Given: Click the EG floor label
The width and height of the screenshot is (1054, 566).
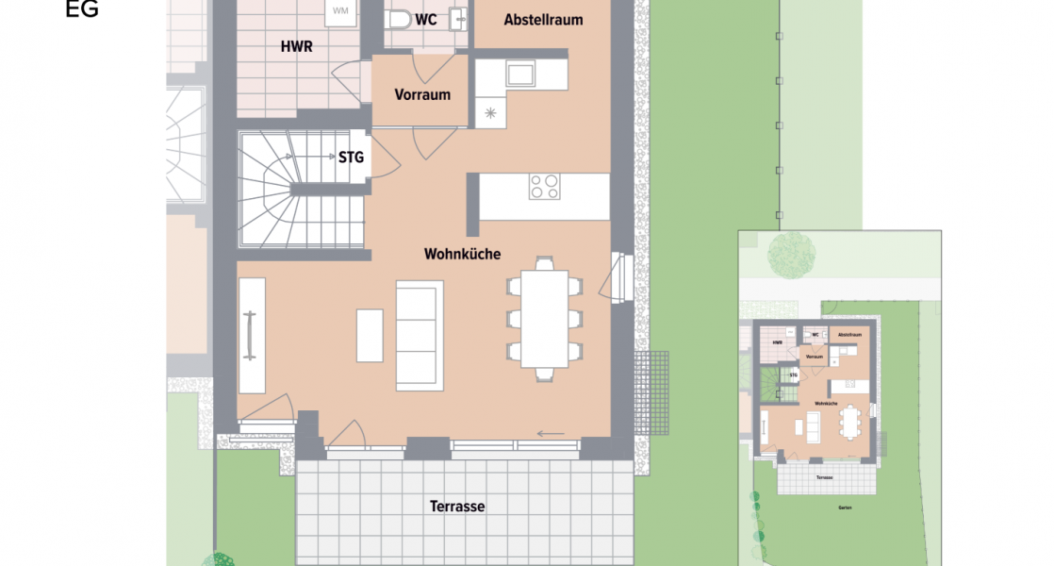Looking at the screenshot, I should coord(83,10).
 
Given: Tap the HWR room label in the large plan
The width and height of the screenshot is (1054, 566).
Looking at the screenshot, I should coord(296,46).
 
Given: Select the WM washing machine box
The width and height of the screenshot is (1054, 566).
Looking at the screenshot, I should coord(339,12).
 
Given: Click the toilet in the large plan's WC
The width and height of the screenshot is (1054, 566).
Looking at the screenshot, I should coord(400,18).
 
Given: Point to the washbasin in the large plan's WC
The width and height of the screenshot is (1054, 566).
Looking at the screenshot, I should coord(458,18).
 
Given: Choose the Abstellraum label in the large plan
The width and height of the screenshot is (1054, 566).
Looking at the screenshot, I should coord(543,20).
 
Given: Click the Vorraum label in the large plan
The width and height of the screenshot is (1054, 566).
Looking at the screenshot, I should coord(422,94).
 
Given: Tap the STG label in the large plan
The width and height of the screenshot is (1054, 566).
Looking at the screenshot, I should coord(351,158).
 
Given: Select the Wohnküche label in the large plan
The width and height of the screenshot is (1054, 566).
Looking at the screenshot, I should coord(462,254).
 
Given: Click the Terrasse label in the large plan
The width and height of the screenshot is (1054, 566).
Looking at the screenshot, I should coord(457,507).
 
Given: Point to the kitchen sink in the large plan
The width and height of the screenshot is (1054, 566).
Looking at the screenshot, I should coord(520,73).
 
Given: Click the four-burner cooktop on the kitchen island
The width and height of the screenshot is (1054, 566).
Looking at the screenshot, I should coord(544,186).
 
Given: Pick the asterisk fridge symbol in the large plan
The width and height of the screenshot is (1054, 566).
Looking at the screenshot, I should coord(490,113).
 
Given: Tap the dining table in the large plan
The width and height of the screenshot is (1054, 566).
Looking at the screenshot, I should coord(545,319).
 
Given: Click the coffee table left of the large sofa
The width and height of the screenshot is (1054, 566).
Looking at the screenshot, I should coord(370,335).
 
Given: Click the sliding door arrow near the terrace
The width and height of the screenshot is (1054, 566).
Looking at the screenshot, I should coord(551,434).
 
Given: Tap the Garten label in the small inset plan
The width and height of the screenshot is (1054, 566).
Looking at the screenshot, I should coord(845,508).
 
